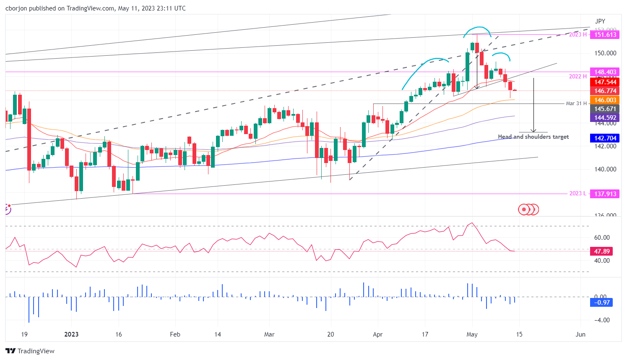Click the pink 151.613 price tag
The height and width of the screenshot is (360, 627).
[x=605, y=35]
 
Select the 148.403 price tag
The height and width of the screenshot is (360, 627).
[x=605, y=72]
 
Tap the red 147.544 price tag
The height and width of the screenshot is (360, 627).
[x=605, y=82]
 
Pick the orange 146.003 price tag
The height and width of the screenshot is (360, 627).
[x=605, y=100]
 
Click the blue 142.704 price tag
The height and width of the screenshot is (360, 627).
[x=605, y=138]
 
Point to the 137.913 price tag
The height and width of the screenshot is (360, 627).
[x=605, y=194]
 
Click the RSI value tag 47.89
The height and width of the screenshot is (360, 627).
[x=601, y=251]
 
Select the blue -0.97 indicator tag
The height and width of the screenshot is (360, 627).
[x=601, y=303]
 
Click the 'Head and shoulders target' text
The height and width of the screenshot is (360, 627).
[x=533, y=137]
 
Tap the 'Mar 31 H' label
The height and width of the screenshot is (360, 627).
[x=576, y=104]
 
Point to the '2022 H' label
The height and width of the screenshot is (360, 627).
[x=578, y=76]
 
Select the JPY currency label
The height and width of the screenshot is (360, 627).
[x=600, y=21]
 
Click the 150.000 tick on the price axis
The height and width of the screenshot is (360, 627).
[x=605, y=53]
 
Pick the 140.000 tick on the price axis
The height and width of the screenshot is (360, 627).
[x=605, y=169]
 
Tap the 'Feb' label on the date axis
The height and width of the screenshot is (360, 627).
[x=175, y=334]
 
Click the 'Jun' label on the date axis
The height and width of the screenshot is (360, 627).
[x=580, y=334]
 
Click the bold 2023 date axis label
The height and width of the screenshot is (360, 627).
[x=71, y=334]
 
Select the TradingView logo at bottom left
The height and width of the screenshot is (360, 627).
[x=30, y=351]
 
